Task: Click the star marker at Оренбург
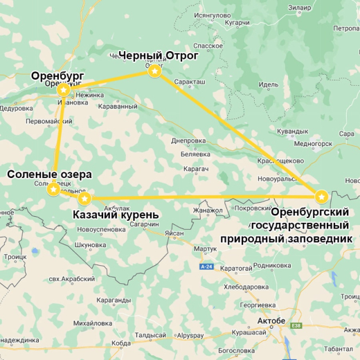tap(63, 89)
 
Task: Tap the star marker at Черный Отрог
tap(155, 71)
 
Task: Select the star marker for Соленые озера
tap(53, 189)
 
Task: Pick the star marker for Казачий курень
tap(84, 199)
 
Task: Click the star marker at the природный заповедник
tap(321, 197)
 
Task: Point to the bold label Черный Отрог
tap(159, 55)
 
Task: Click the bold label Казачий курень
tap(116, 215)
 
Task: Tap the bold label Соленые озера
tap(50, 174)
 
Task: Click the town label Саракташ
tap(190, 81)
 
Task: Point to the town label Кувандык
tap(292, 130)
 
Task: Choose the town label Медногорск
tap(313, 143)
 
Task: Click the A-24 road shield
tap(206, 267)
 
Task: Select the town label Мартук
tap(206, 249)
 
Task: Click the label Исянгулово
tap(212, 15)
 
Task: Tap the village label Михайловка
tap(92, 323)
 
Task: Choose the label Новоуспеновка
tap(101, 230)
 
